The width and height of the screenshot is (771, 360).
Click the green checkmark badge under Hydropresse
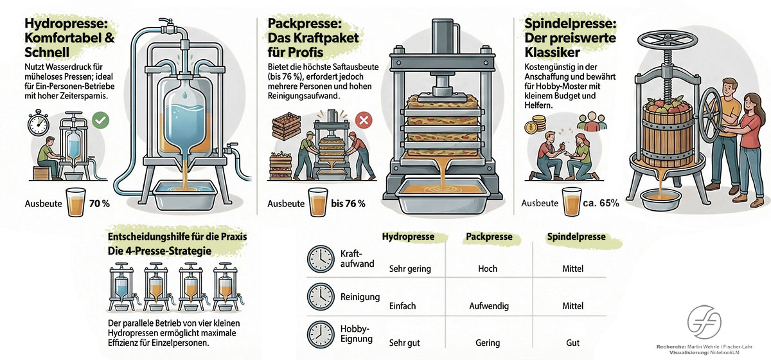99,120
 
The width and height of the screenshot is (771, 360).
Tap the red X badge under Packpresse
364,120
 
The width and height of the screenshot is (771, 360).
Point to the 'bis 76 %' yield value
348,204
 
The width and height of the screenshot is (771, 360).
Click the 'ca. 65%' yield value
601,204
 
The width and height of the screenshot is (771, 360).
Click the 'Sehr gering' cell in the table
410,269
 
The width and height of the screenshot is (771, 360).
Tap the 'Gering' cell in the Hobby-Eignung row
488,343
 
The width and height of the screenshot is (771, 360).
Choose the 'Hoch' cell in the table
488,269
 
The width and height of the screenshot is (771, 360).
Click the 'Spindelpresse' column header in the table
576,237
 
